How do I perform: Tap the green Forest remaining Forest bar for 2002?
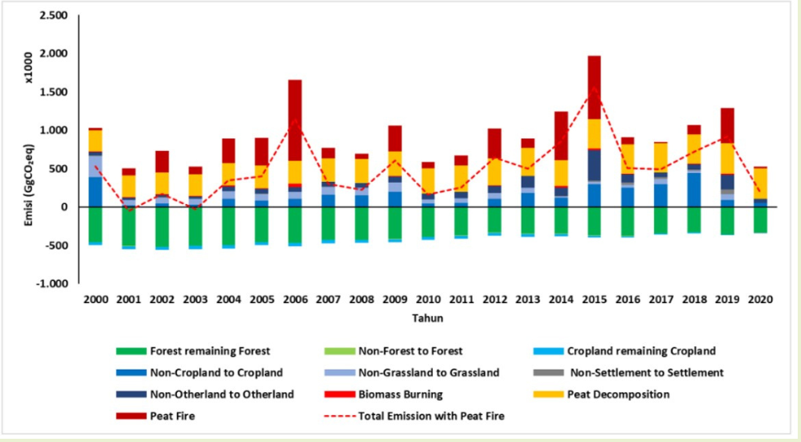coord(163,227)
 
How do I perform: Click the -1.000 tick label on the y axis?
coord(53,284)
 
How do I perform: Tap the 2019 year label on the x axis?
coord(726,299)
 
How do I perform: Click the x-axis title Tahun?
coord(427,317)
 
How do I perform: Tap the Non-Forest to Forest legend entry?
coord(410,351)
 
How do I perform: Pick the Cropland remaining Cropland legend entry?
coord(641,351)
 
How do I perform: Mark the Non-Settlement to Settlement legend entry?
coord(646,373)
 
